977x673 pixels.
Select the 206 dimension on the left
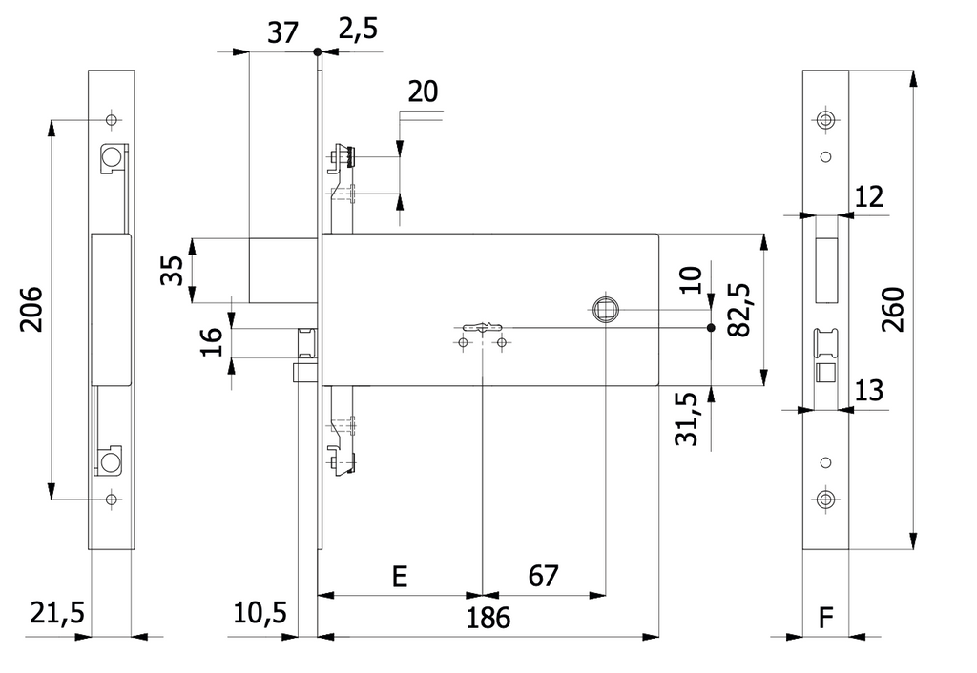pos(31,310)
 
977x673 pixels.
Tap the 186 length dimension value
pos(488,618)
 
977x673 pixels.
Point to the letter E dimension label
pos(400,577)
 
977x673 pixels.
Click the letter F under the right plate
pos(825,619)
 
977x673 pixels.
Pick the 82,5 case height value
pos(739,310)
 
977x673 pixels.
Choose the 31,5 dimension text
pos(687,419)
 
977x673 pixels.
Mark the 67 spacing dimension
pos(543,576)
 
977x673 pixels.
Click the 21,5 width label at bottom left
pos(57,613)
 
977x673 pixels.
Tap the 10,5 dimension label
pos(260,613)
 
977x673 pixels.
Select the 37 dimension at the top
pos(282,32)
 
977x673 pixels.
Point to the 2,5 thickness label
pos(359,30)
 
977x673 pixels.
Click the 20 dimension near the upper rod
pos(423,92)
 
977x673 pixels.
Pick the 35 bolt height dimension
pos(173,270)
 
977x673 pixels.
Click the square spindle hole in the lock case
pos(605,310)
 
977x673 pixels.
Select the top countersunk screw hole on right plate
pos(825,119)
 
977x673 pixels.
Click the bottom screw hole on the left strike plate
pos(112,499)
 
